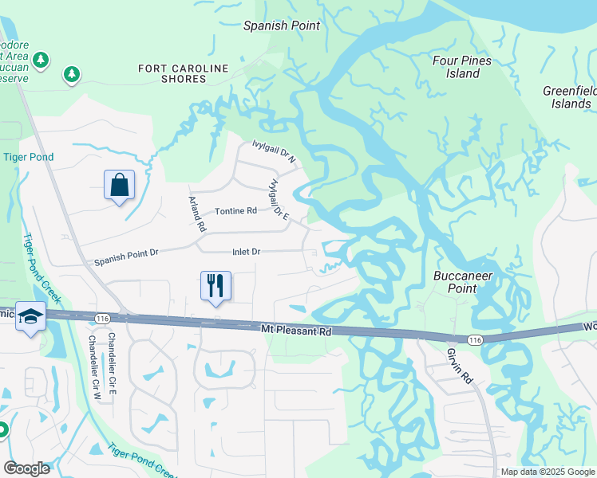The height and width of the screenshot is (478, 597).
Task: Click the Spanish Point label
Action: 281,25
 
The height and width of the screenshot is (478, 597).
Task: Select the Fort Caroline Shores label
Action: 183,73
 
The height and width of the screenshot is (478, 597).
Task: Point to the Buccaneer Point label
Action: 462,282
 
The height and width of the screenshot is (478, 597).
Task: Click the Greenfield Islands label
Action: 569,97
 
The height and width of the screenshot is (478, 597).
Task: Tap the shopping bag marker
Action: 119,186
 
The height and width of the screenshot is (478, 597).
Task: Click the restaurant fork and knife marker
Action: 215,285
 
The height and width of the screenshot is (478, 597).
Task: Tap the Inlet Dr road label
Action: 246,252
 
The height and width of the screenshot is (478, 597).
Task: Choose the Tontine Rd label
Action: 235,211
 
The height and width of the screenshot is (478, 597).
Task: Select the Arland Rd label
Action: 197,214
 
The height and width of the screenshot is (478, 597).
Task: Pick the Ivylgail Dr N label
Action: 274,151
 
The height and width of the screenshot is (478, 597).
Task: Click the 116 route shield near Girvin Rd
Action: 476,340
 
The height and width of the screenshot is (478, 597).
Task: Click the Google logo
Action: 26,468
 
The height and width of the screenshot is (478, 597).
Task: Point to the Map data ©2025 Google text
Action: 546,472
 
